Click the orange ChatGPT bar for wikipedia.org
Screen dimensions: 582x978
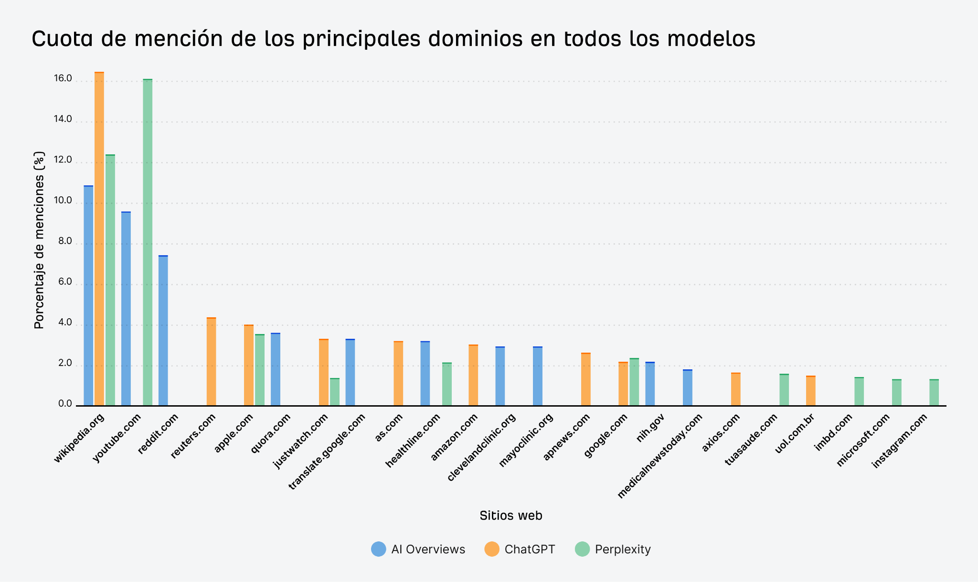[x=99, y=239]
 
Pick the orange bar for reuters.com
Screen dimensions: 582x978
[x=211, y=362]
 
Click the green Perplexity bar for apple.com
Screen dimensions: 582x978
[x=259, y=370]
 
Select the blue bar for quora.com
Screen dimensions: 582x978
[x=276, y=369]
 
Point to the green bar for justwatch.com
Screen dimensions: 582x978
[x=335, y=392]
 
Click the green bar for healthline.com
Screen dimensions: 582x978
[x=447, y=384]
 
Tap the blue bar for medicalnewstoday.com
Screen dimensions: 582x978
[x=688, y=388]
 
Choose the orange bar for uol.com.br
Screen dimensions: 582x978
[x=810, y=391]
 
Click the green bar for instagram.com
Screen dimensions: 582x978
[x=934, y=392]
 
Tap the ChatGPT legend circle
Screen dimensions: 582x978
[x=492, y=549]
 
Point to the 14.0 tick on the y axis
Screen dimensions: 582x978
[x=63, y=119]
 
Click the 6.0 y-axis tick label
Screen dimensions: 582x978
[x=64, y=282]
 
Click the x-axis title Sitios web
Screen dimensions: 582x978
[x=510, y=516]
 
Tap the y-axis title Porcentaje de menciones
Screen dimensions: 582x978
[x=39, y=240]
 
